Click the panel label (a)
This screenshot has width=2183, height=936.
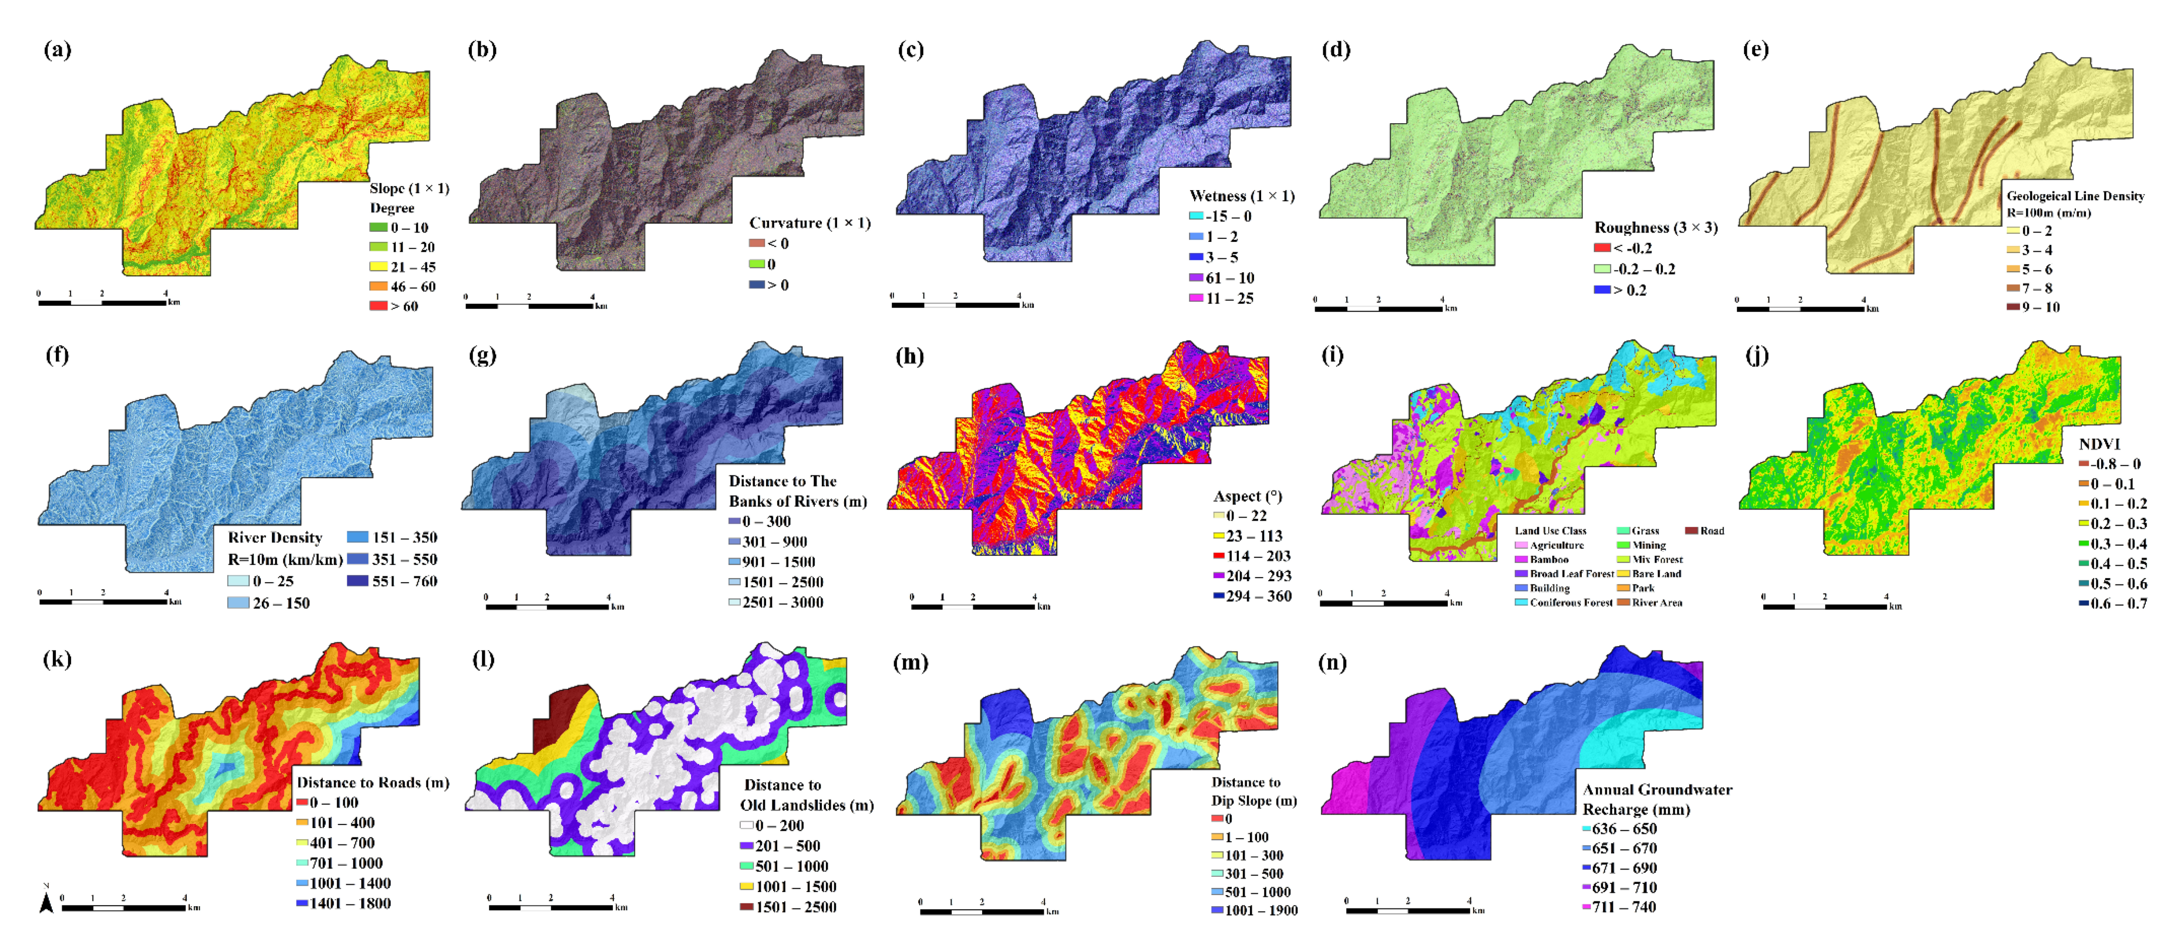tap(57, 50)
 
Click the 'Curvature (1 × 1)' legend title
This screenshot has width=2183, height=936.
tap(809, 223)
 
